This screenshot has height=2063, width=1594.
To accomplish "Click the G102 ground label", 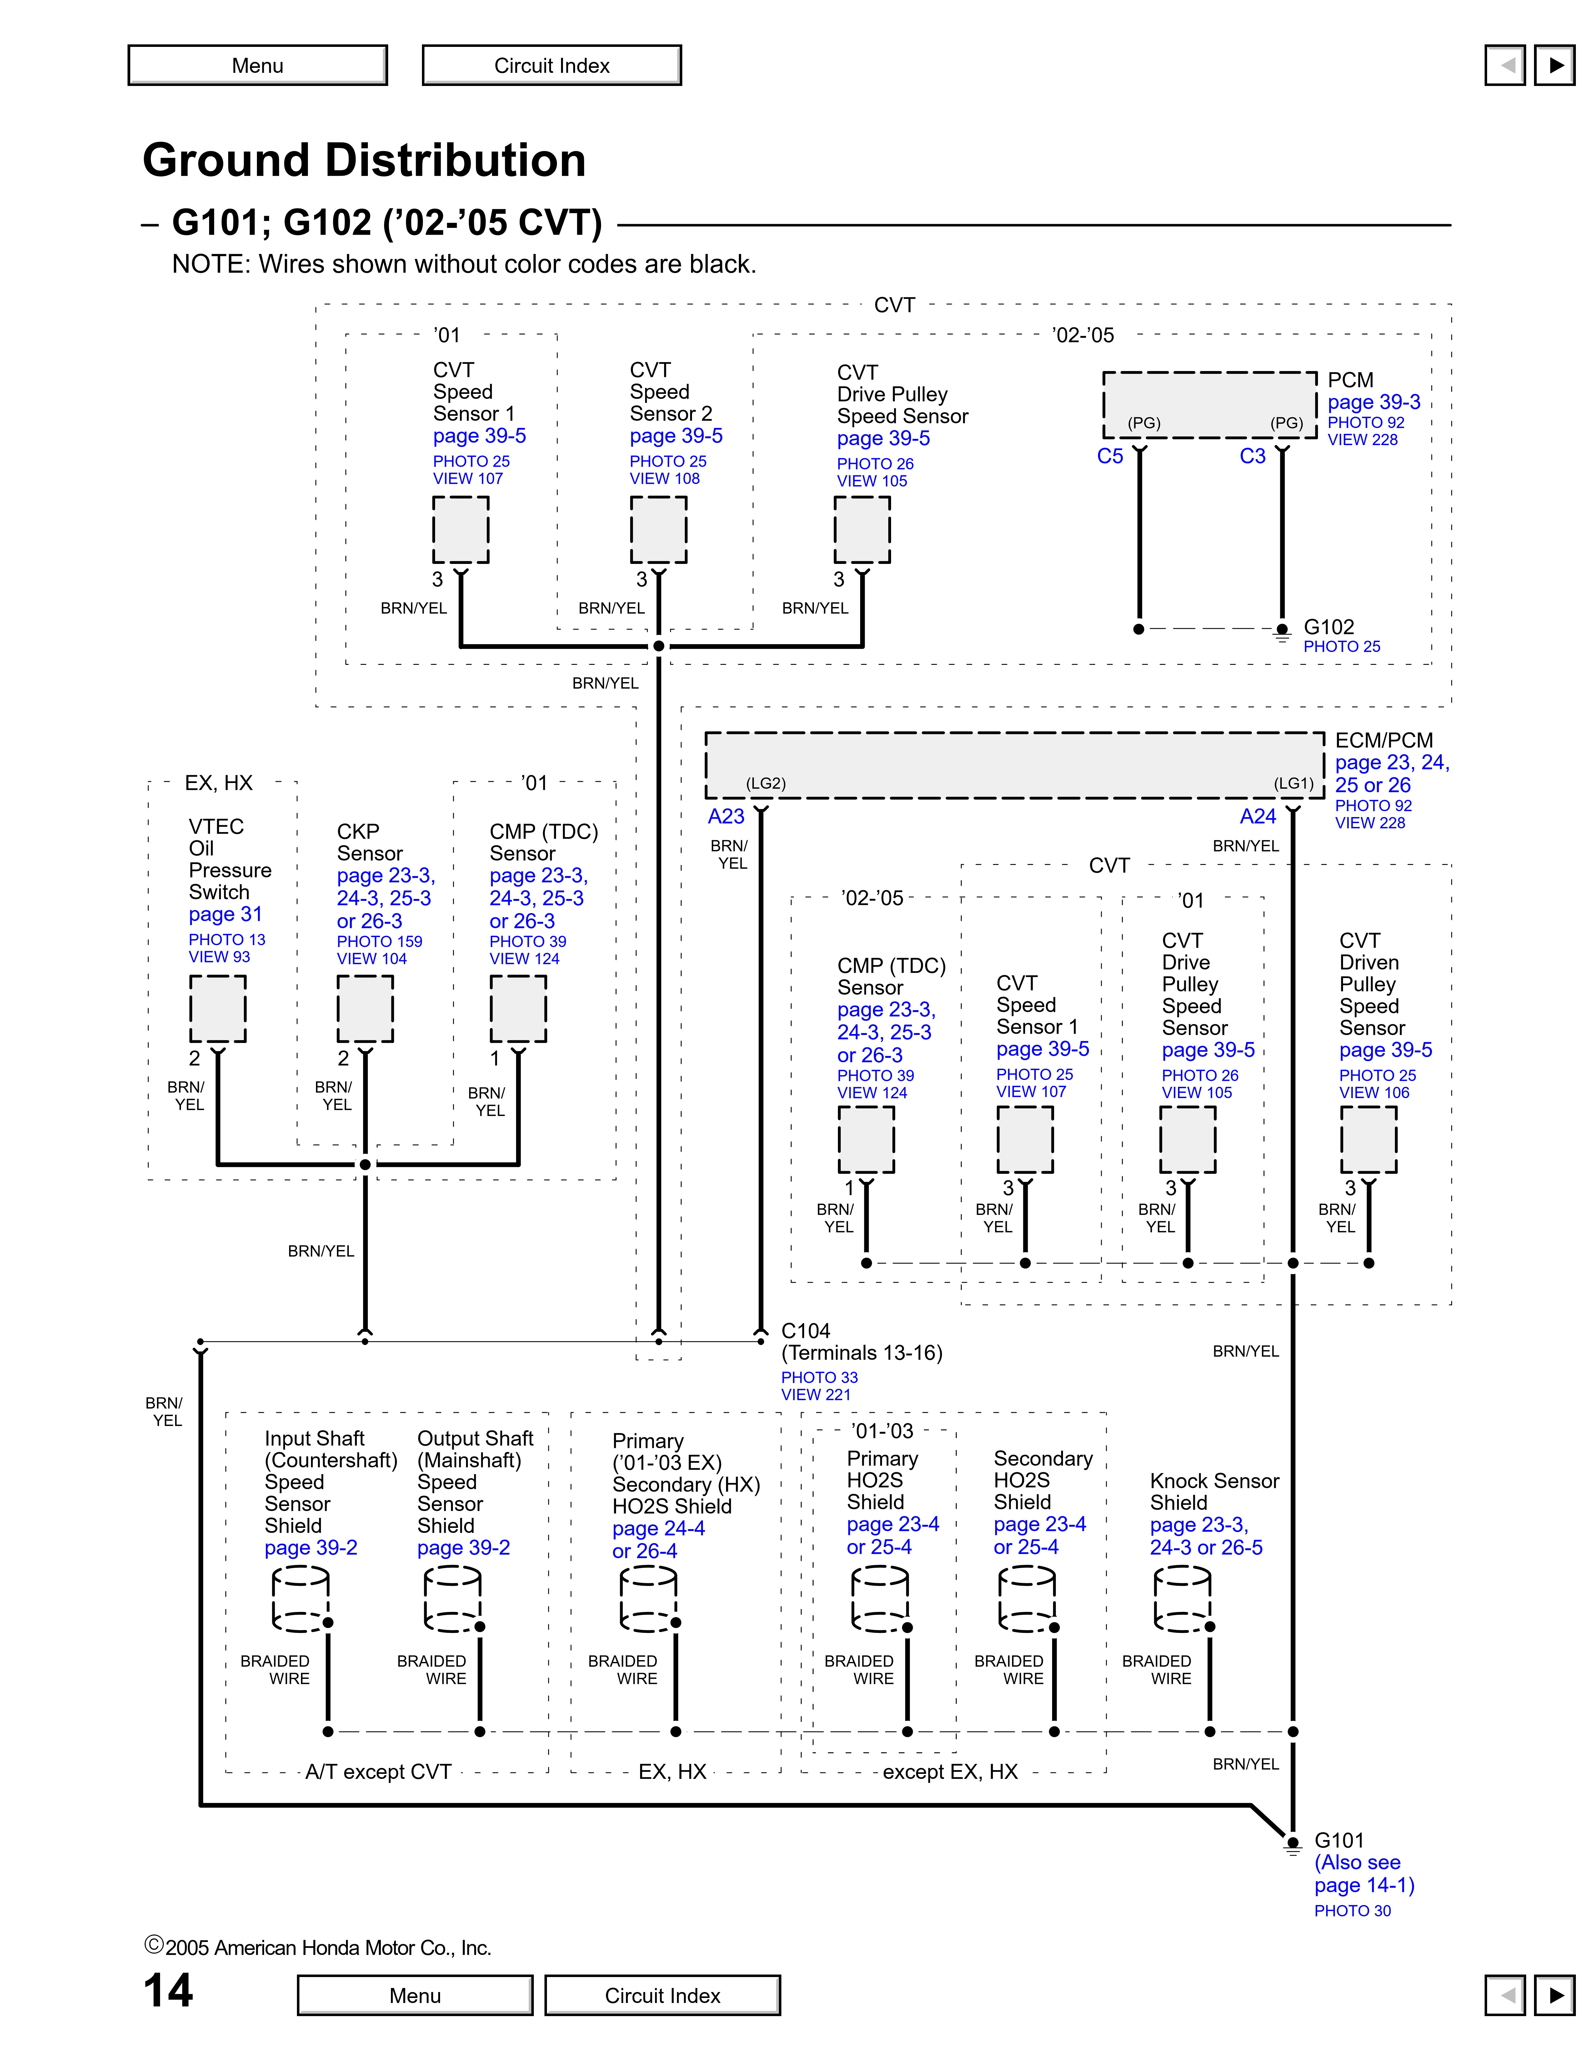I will coord(1329,627).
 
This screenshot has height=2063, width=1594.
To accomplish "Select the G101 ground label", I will coord(1339,1840).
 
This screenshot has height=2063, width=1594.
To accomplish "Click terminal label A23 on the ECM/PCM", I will coord(726,816).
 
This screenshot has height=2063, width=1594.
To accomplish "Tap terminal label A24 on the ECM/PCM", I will coord(1258,816).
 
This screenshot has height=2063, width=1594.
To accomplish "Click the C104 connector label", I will coord(805,1331).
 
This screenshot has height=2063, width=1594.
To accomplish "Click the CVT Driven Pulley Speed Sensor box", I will coord(1368,1139).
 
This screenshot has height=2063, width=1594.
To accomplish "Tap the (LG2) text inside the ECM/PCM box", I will coord(766,783).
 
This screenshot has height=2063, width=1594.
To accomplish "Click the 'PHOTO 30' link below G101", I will coord(1352,1911).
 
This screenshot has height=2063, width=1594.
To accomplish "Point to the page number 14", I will coord(168,1990).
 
